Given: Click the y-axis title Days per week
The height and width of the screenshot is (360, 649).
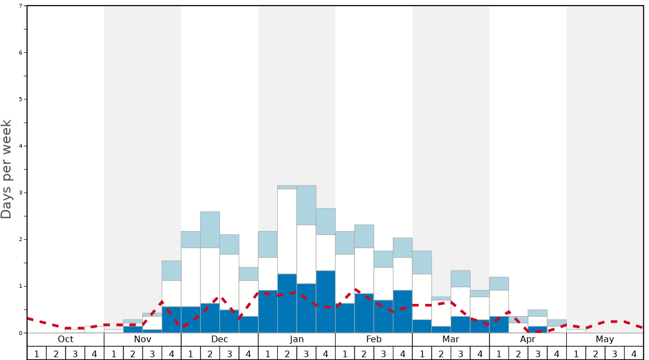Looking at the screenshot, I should coord(7,169).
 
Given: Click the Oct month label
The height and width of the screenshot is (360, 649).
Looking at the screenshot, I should coord(66,339).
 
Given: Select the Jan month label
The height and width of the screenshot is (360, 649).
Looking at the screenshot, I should coord(297,339).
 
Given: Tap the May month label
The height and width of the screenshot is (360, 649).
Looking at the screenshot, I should coord(605,339).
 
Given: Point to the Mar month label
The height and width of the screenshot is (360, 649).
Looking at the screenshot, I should coord(451,339).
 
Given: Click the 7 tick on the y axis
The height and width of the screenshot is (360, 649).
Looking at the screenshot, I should coord(21,6).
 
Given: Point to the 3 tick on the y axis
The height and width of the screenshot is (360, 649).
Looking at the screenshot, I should coord(21,193).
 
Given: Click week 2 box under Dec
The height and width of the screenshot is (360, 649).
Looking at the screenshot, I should coord(210,353).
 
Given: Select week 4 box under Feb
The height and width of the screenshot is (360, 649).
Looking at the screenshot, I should coord(402,353).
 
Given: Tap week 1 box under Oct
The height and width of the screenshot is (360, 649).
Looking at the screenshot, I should coord(37,353).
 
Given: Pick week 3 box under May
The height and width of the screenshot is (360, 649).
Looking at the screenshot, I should coord(615,353).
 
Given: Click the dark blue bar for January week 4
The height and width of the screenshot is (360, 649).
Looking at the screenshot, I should coord(326,302).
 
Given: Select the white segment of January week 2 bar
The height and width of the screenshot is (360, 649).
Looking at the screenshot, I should coord(287,231).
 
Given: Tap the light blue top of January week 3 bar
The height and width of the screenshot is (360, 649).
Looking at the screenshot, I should coord(306,205).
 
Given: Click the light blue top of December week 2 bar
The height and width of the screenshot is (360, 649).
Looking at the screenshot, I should coord(210,229).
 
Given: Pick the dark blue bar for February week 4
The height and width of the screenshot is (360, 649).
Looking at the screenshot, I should coord(402,311).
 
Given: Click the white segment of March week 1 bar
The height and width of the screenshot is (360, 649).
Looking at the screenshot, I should coord(422,297).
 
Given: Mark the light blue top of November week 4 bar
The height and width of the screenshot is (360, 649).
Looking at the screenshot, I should coord(171,271).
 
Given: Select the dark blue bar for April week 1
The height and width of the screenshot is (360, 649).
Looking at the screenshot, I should coord(499,324).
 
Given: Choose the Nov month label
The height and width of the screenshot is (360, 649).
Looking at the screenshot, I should coord(143,339).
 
